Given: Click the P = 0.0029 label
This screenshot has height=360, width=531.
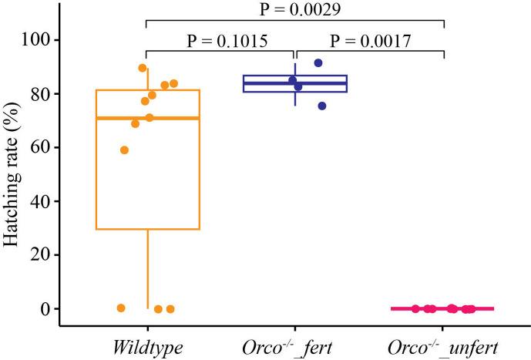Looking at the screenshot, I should tap(295, 11).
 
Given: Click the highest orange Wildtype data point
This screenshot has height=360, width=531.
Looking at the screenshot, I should tap(143, 68).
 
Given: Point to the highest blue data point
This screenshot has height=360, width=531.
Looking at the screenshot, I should tap(318, 63).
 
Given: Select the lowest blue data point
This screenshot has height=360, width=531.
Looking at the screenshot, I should tap(322, 106).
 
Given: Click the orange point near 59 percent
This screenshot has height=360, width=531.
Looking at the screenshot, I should tap(124, 150).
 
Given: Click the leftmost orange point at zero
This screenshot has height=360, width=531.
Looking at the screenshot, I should tap(121, 308).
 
